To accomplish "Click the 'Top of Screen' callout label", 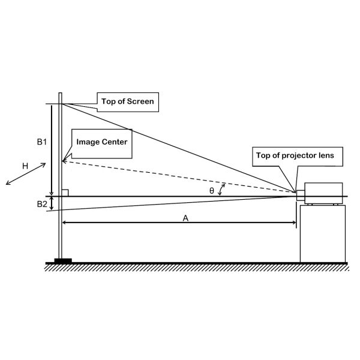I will [x=127, y=101].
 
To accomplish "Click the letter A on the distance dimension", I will [x=185, y=219].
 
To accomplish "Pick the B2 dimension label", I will [x=41, y=204].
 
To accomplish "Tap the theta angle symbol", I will [x=211, y=190].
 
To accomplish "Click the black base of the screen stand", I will [x=62, y=260].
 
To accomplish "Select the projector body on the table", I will [x=323, y=193].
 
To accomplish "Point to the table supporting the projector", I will [x=323, y=234].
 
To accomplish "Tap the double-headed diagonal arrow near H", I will [x=26, y=174].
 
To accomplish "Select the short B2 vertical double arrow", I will [x=52, y=204].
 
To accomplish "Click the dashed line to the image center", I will [x=180, y=178].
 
